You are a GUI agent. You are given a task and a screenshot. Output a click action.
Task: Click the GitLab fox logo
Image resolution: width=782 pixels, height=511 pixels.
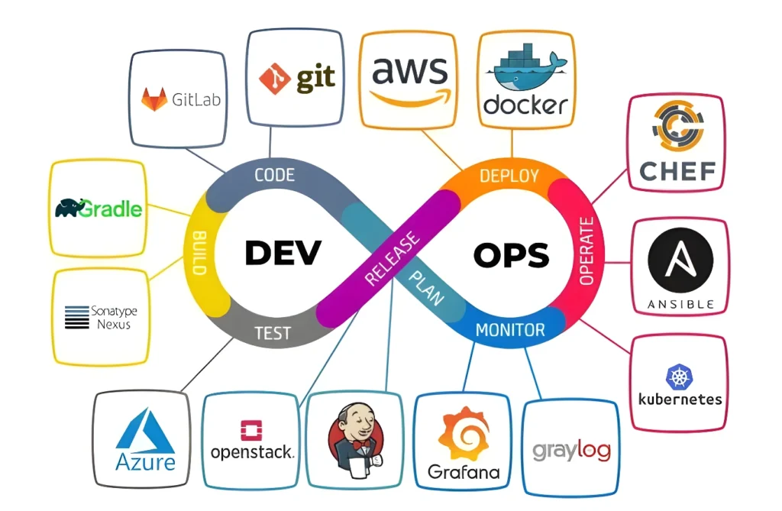pyautogui.click(x=154, y=99)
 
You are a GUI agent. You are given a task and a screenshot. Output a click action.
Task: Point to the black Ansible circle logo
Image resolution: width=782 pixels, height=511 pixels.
pyautogui.click(x=680, y=261)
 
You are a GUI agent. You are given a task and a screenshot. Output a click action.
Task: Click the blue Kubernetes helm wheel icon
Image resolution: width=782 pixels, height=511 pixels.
pyautogui.click(x=679, y=377)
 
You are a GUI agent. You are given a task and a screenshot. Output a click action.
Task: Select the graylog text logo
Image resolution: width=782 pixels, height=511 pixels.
pyautogui.click(x=571, y=450)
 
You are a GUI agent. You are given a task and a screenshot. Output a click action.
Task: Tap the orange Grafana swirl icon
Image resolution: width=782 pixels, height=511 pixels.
pyautogui.click(x=464, y=433)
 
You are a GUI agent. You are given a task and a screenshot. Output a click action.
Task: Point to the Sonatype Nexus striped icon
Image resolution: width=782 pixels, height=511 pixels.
pyautogui.click(x=77, y=317)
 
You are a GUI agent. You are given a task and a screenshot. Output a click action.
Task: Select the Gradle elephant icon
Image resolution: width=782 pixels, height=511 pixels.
pyautogui.click(x=69, y=208)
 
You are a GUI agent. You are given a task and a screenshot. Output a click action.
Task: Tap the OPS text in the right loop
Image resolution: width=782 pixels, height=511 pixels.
pyautogui.click(x=511, y=255)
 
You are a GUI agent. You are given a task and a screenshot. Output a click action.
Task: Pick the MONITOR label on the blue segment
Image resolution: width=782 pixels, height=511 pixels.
pyautogui.click(x=510, y=330)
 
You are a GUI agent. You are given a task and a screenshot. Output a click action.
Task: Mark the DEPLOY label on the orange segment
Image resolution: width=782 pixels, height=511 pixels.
pyautogui.click(x=509, y=176)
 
